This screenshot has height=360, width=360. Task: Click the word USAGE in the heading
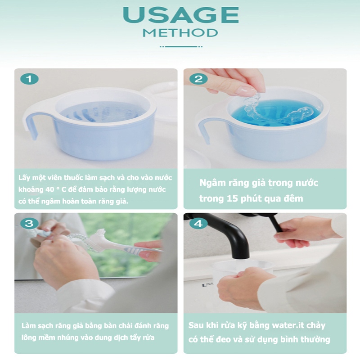click(x=181, y=15)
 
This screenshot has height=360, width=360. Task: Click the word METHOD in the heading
click(x=180, y=33)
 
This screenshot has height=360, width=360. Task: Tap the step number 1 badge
click(x=29, y=79)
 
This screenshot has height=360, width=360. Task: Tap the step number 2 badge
click(x=198, y=79)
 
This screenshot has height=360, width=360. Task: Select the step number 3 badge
click(x=29, y=223)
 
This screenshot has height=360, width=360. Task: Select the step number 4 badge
click(x=198, y=223)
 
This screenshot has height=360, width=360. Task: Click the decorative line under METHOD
click(x=181, y=47)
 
